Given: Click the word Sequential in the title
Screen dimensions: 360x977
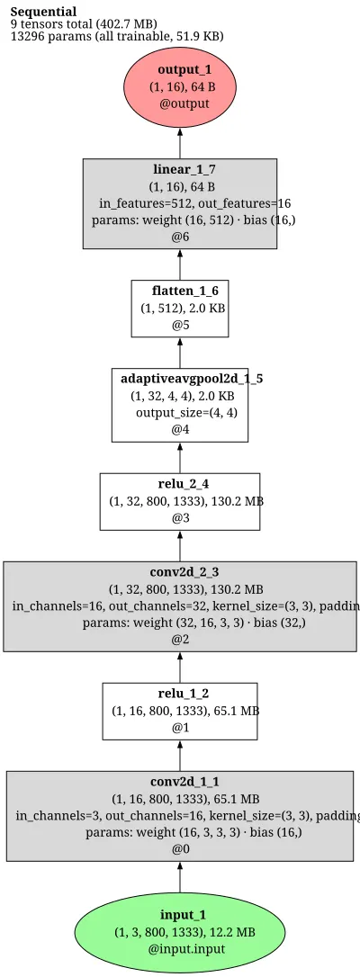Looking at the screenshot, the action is (x=43, y=12).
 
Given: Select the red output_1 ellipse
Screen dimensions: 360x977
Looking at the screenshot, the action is (x=180, y=86).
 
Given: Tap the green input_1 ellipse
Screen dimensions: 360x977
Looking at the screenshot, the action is (x=180, y=931).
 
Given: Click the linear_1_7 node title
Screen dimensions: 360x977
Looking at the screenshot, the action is (x=180, y=169).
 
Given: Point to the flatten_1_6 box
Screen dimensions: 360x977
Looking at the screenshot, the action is (x=180, y=309).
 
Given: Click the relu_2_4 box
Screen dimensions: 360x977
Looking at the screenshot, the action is (x=180, y=502).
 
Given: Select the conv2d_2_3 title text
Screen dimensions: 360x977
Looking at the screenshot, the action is (x=180, y=571).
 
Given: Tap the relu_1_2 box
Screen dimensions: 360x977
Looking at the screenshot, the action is (x=180, y=712).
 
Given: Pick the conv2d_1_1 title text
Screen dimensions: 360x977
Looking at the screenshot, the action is (x=180, y=782).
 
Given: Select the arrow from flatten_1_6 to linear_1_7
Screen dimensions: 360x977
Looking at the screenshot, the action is (x=180, y=264).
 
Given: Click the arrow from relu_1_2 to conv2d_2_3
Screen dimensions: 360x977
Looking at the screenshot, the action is (x=180, y=668).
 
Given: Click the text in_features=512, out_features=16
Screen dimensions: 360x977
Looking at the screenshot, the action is (x=194, y=203).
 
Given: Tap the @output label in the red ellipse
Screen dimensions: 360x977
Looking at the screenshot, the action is (x=184, y=103).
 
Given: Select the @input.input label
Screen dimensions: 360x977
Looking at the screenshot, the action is (x=187, y=949).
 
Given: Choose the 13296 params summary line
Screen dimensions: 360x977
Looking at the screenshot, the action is (x=117, y=36).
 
